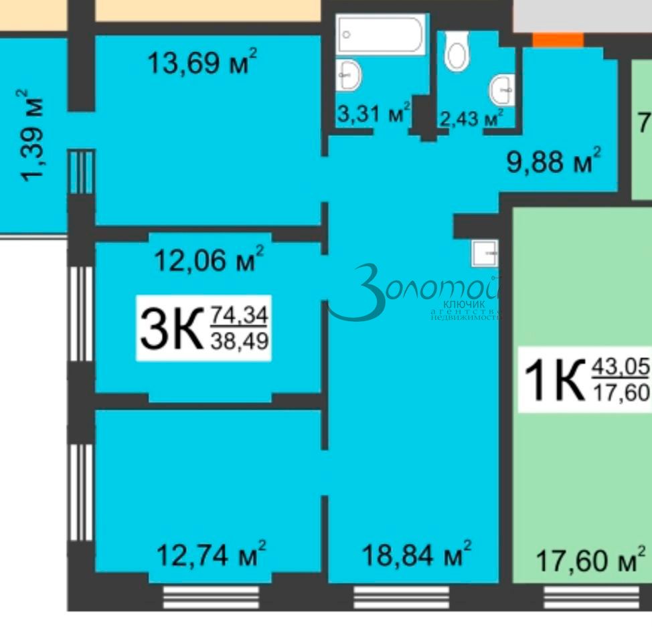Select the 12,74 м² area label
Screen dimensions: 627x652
[x=211, y=554]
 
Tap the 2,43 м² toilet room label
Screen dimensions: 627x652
[x=471, y=118]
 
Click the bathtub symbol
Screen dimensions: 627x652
[x=380, y=34]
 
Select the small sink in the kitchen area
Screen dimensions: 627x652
[x=485, y=254]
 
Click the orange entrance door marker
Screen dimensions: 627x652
[x=558, y=40]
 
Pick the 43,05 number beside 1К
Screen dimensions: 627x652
[x=620, y=367]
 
